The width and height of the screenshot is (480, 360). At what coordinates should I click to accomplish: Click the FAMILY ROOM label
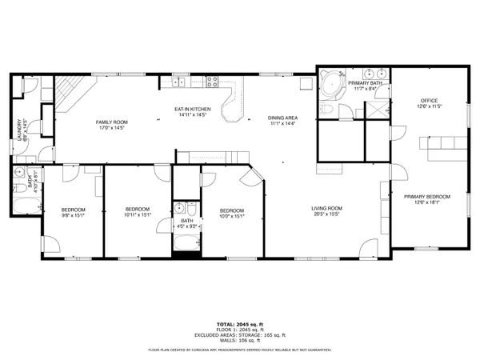pos(112,122)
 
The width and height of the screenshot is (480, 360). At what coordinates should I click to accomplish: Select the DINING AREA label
pos(282,118)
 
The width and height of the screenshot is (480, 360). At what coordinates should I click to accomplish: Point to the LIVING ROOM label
pos(327,209)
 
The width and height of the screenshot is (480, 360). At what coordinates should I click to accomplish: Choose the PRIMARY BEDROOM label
pos(426,197)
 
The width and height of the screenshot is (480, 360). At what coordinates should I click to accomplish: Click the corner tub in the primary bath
pos(329,86)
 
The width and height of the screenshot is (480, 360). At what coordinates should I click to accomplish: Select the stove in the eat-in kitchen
pos(213,79)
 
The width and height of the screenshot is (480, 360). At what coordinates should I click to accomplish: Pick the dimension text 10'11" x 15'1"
pos(138,214)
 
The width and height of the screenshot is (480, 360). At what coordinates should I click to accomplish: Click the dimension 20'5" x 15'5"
pos(327,214)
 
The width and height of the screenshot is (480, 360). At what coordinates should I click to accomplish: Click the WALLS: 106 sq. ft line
pos(239,339)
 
